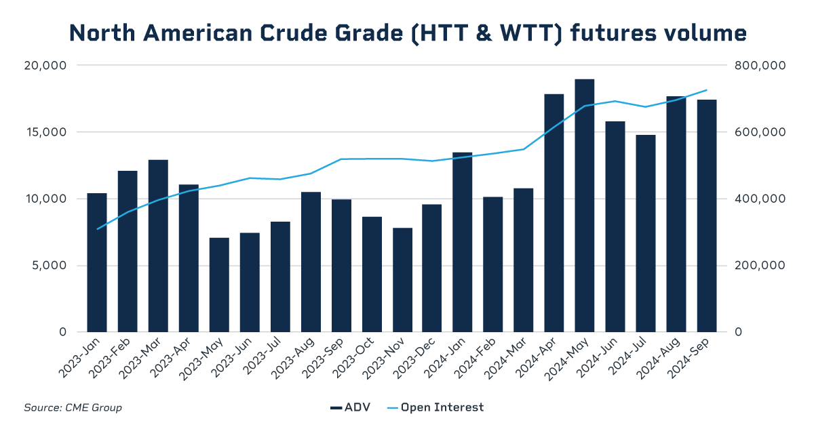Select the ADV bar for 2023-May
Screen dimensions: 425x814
(x=219, y=285)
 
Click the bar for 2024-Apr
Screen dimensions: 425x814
(x=554, y=213)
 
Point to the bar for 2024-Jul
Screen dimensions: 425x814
(x=646, y=233)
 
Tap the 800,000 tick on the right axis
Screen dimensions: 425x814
(x=760, y=66)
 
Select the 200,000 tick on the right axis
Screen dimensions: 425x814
(x=760, y=266)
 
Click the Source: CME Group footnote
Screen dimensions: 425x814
(x=73, y=407)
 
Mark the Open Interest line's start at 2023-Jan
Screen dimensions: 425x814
(x=97, y=229)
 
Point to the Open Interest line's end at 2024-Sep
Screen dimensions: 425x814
(x=707, y=89)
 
